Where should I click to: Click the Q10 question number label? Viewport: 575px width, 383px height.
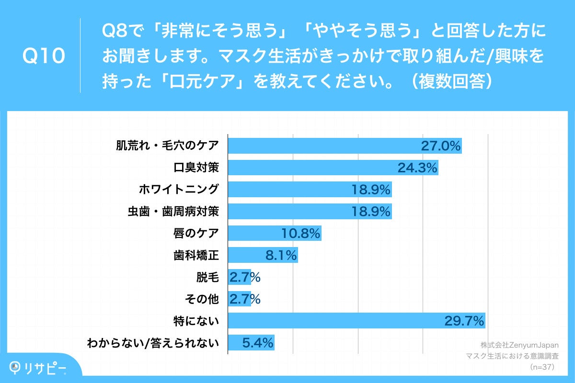tap(44, 56)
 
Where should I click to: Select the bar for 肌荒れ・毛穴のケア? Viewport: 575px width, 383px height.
tap(326, 146)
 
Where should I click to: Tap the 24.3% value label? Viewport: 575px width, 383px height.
tap(417, 168)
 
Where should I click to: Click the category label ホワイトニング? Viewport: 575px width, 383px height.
tap(178, 190)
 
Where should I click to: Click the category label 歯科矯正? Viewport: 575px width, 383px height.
tap(195, 255)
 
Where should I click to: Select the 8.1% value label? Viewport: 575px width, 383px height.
tap(281, 255)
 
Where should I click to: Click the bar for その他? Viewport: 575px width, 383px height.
tap(239, 299)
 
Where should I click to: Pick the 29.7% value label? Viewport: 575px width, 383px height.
tap(464, 321)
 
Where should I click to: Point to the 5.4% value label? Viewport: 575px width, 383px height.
tap(258, 342)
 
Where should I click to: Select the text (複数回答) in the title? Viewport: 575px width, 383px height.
tap(449, 81)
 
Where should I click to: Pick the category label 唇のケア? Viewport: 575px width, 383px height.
tap(195, 233)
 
